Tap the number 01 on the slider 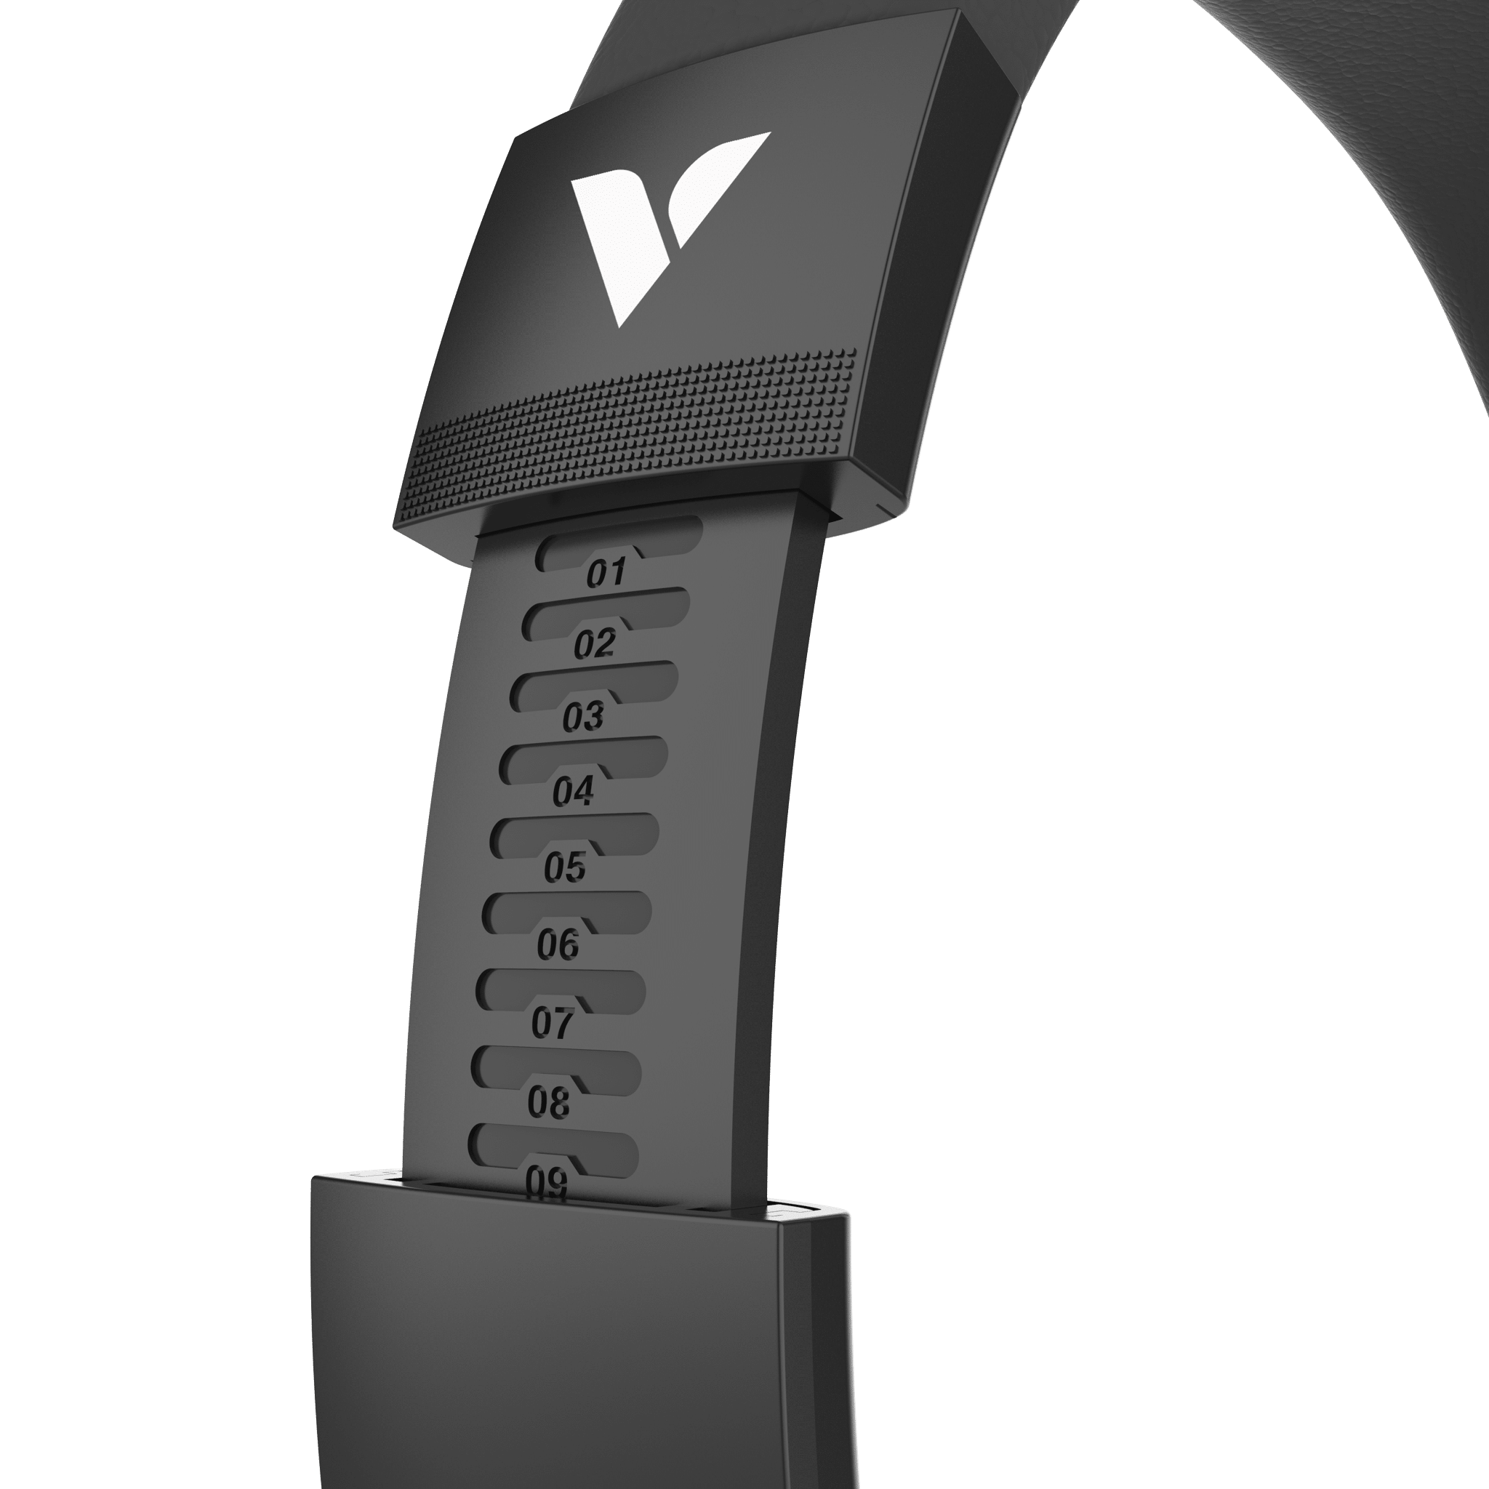(x=606, y=573)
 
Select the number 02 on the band (x=594, y=643)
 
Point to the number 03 (x=582, y=717)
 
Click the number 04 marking (x=573, y=792)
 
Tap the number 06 (x=558, y=944)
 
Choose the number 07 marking (x=553, y=1023)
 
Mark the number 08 (x=549, y=1102)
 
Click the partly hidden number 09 (x=547, y=1181)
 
